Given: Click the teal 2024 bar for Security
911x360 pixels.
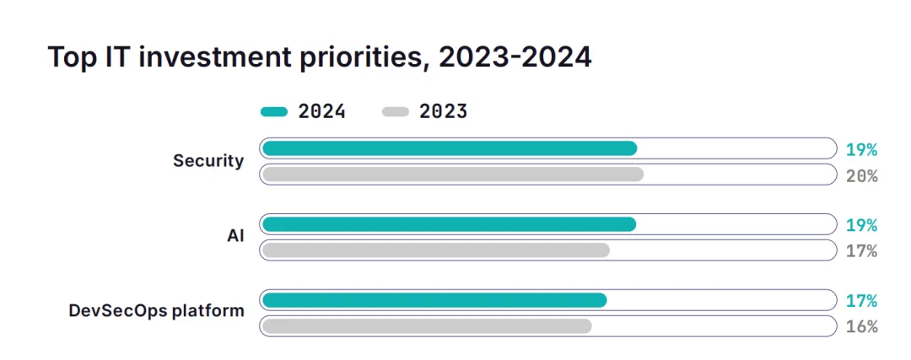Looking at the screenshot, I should [x=449, y=148].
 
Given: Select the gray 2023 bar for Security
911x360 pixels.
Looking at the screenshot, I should [x=452, y=175].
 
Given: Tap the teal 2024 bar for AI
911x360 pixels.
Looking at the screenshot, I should [x=449, y=224].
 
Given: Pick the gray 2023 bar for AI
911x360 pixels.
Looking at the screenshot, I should [x=435, y=250].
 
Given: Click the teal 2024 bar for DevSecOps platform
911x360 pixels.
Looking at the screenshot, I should [x=434, y=300].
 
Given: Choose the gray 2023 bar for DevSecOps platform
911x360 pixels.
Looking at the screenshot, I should [x=426, y=326].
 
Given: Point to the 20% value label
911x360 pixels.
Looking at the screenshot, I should [x=861, y=175].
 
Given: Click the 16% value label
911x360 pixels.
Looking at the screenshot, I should [x=861, y=327].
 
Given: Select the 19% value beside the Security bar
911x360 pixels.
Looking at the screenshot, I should [x=861, y=150].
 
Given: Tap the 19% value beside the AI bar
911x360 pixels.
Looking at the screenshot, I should [x=861, y=225].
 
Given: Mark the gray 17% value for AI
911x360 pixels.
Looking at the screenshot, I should [x=861, y=251].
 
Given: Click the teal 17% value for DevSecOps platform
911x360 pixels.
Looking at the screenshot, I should [x=861, y=301].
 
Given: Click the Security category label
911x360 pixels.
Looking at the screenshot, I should [x=208, y=161].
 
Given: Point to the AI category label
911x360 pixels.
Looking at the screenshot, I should [x=235, y=236].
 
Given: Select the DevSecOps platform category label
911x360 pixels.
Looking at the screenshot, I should [x=156, y=311].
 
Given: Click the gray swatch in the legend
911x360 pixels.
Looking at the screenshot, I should [x=395, y=111].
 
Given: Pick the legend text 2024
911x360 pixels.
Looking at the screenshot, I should [x=321, y=111].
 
